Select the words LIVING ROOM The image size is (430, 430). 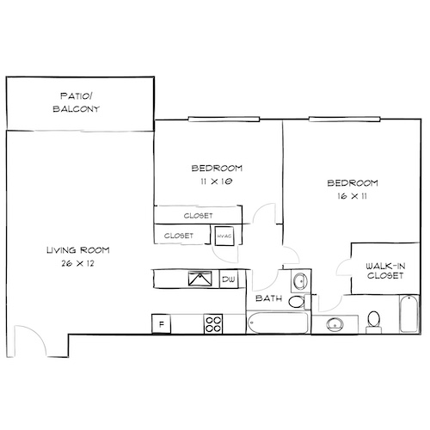point(77,250)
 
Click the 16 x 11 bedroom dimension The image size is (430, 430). point(353,196)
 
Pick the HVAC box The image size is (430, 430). point(225,235)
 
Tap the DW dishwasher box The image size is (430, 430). point(229,279)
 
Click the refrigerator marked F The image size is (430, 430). point(161,323)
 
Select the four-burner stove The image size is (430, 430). point(213,323)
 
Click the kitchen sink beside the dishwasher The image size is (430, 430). point(201,278)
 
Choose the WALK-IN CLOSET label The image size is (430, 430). point(380,271)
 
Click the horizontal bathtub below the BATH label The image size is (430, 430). point(275,322)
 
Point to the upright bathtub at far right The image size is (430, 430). point(408,315)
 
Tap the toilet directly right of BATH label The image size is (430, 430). point(296,302)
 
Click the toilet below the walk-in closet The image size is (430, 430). point(373,320)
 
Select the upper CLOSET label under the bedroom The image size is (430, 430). point(199,216)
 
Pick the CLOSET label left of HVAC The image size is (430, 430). point(178,235)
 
